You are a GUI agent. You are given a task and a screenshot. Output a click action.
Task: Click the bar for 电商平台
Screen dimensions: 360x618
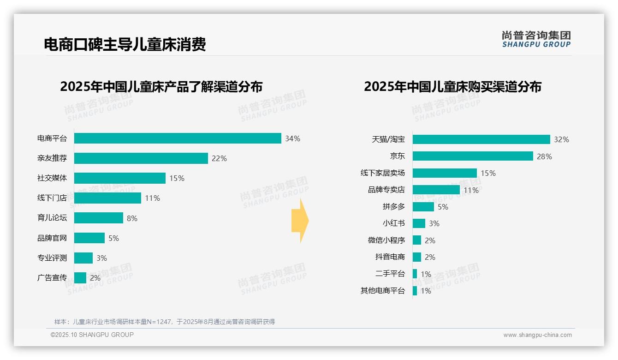(178, 138)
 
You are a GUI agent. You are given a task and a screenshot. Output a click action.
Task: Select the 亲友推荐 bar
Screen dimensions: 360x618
(141, 158)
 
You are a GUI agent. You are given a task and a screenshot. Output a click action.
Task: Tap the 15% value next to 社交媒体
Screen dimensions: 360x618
(177, 178)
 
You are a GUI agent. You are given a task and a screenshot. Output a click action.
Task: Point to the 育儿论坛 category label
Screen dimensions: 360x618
(52, 218)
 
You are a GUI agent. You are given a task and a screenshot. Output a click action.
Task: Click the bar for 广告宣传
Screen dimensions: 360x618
(80, 278)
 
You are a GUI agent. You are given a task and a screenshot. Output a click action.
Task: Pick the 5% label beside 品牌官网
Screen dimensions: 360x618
(113, 238)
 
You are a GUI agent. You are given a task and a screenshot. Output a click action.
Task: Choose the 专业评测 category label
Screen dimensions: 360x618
(52, 258)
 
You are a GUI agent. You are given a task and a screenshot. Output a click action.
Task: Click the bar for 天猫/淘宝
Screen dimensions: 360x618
(481, 139)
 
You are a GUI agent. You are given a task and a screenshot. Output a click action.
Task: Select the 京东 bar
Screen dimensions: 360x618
(473, 156)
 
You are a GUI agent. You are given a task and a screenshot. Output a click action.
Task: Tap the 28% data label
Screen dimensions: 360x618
(544, 156)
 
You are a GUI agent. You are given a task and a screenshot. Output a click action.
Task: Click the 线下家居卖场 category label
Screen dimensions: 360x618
(382, 173)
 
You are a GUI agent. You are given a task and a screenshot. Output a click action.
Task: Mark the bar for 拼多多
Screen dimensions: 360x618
(423, 207)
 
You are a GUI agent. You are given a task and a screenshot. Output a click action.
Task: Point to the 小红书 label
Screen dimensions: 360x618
(393, 223)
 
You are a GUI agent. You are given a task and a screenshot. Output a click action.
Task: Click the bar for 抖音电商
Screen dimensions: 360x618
(416, 257)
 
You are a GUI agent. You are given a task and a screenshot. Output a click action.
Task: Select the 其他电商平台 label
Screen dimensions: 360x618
(382, 291)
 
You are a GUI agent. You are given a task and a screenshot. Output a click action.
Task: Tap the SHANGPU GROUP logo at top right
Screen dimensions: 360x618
(536, 39)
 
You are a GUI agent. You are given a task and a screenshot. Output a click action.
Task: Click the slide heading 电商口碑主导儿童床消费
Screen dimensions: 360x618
(125, 44)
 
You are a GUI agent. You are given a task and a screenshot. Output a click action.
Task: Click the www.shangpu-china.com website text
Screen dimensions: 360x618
(537, 335)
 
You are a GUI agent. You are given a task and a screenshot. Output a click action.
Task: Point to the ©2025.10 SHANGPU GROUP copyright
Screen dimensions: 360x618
(92, 335)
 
